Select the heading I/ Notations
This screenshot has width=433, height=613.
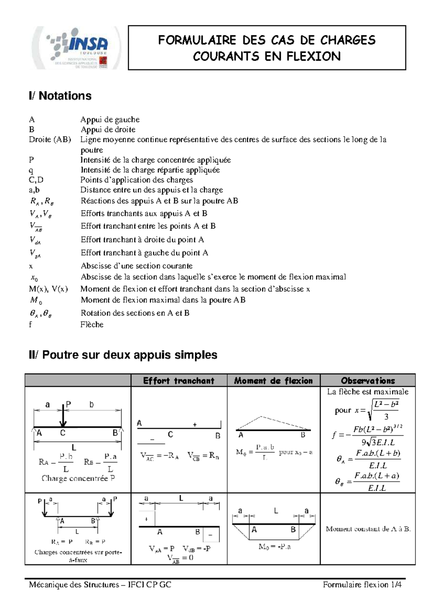[60, 96]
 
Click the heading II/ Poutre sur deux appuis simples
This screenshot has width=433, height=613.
[123, 355]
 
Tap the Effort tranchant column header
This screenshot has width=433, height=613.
[179, 381]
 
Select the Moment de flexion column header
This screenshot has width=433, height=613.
[273, 381]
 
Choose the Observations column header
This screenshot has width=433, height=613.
[368, 381]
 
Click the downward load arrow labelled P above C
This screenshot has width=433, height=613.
[63, 415]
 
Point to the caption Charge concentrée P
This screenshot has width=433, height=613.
[78, 478]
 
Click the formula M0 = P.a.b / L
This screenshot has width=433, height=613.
[255, 452]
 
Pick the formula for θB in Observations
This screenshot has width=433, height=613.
[368, 482]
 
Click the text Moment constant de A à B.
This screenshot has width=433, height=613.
[368, 529]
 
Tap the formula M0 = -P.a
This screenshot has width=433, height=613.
[274, 547]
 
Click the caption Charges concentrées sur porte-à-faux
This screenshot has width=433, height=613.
[78, 556]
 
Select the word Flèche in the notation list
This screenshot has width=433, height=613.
[92, 325]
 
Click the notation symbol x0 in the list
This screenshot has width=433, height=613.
[34, 278]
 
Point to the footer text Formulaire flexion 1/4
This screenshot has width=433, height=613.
[362, 584]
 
